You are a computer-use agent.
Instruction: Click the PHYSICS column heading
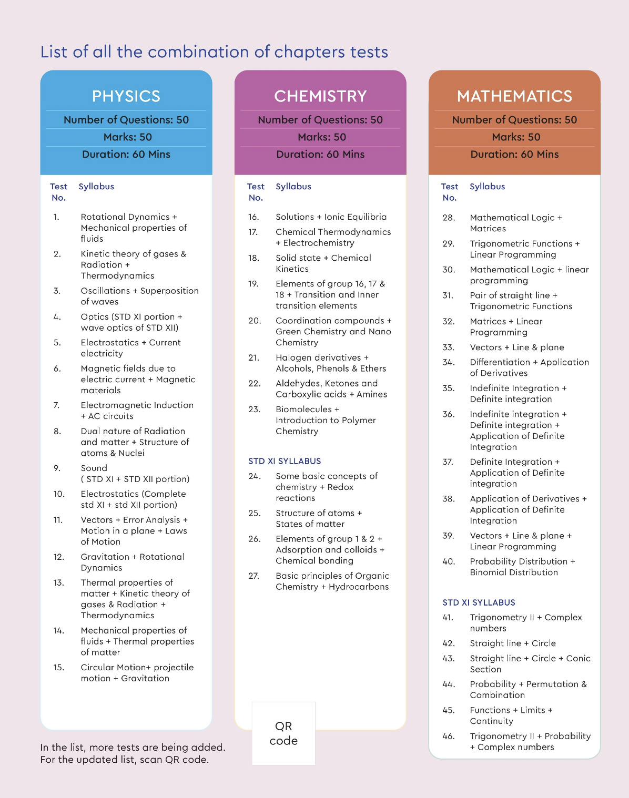click(x=126, y=96)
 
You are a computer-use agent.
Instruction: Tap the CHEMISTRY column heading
click(x=320, y=96)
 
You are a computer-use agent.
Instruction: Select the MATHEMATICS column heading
click(x=514, y=96)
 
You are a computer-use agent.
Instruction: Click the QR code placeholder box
click(x=283, y=733)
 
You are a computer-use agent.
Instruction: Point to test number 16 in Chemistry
click(x=253, y=217)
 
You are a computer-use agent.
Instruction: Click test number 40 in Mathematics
click(x=449, y=561)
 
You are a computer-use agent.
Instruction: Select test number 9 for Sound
click(x=57, y=468)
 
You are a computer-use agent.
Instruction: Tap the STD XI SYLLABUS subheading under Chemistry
click(x=285, y=461)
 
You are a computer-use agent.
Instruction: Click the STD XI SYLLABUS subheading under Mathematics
click(x=479, y=602)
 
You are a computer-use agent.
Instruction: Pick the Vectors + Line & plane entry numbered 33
click(x=516, y=347)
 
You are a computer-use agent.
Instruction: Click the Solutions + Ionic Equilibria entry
click(x=331, y=217)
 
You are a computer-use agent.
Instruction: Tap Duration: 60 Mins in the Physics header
click(x=126, y=155)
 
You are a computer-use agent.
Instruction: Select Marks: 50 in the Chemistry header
click(x=322, y=137)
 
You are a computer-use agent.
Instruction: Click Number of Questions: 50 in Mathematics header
click(x=514, y=120)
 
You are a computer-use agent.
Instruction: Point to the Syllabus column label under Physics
click(x=96, y=187)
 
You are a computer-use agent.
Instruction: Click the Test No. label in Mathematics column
click(x=450, y=192)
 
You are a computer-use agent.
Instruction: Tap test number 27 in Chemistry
click(x=253, y=576)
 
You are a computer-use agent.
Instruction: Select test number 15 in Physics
click(x=58, y=668)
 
